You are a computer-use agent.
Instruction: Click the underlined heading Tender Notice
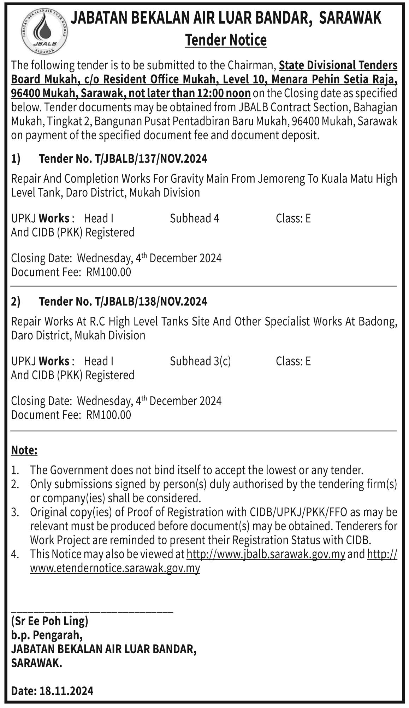point(226,40)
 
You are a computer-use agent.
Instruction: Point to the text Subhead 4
point(194,218)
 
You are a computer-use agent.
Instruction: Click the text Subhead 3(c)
point(200,361)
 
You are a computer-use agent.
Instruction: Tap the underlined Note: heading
point(24,450)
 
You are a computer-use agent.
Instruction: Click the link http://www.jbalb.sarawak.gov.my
point(266,554)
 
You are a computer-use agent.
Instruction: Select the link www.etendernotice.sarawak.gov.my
point(115,568)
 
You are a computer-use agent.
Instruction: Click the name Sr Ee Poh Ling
point(49,621)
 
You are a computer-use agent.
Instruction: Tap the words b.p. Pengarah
point(47,635)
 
